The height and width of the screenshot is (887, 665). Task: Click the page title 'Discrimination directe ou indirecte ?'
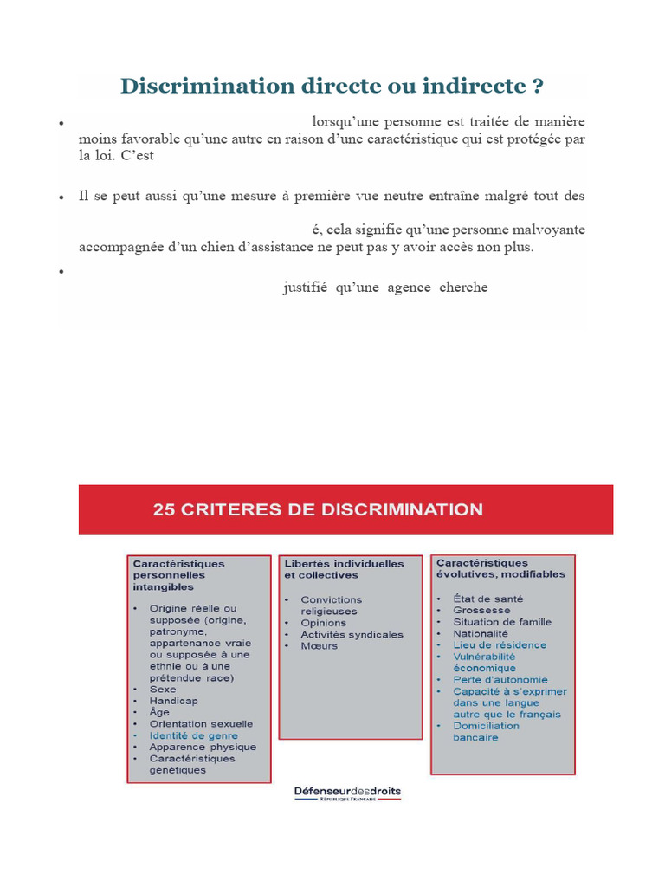pyautogui.click(x=332, y=86)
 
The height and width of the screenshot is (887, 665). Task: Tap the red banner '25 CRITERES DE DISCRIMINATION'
pyautogui.click(x=318, y=509)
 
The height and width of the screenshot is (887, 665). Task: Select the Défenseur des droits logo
pyautogui.click(x=347, y=793)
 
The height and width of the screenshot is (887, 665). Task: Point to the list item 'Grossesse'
pyautogui.click(x=481, y=610)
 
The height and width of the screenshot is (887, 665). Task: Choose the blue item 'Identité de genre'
pyautogui.click(x=193, y=735)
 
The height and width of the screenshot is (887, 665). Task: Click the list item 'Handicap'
pyautogui.click(x=173, y=701)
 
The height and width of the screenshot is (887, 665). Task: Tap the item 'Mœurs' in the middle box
pyautogui.click(x=319, y=646)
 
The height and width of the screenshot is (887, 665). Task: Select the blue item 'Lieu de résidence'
pyautogui.click(x=500, y=644)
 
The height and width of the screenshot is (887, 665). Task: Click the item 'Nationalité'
pyautogui.click(x=481, y=633)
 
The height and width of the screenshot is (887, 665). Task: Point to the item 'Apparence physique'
pyautogui.click(x=203, y=747)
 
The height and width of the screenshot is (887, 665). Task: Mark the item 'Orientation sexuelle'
pyautogui.click(x=201, y=723)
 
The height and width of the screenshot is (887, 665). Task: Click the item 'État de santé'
pyautogui.click(x=487, y=599)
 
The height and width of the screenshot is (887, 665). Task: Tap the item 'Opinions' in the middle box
pyautogui.click(x=323, y=623)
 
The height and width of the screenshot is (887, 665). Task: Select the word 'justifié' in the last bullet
pyautogui.click(x=305, y=288)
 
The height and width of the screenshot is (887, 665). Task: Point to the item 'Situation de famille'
pyautogui.click(x=501, y=622)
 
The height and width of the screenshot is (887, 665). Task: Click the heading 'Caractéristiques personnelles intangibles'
pyautogui.click(x=178, y=574)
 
